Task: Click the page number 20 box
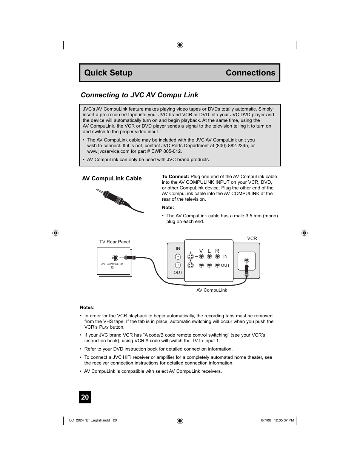85,397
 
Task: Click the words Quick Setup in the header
108,73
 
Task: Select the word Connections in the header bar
250,73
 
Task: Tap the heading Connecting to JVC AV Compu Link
139,95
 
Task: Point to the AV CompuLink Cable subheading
112,178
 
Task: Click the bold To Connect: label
175,176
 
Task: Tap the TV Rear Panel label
114,242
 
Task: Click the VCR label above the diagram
252,238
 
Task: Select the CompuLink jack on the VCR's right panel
246,260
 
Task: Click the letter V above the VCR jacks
201,251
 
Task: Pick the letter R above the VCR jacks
217,251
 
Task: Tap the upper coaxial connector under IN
178,257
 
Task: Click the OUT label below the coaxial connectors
178,272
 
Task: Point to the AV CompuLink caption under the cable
212,290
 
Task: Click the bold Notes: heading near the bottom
87,308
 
